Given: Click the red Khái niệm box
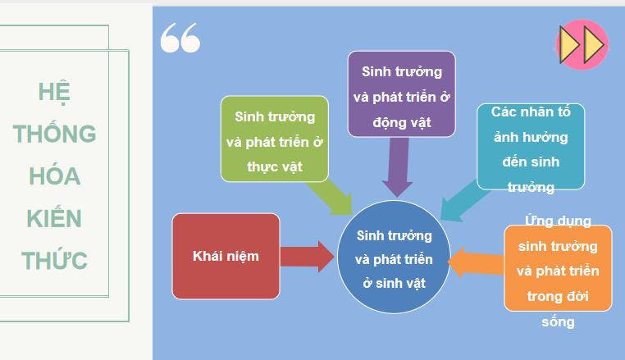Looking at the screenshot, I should pyautogui.click(x=226, y=256).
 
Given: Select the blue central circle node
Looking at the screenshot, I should pyautogui.click(x=394, y=256).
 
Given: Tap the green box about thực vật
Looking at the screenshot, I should pyautogui.click(x=274, y=139).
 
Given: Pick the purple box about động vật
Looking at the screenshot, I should pyautogui.click(x=401, y=93).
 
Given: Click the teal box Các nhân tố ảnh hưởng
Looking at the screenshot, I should pyautogui.click(x=531, y=146).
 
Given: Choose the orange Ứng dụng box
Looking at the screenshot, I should pyautogui.click(x=558, y=268).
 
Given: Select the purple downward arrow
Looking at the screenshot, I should pyautogui.click(x=398, y=167).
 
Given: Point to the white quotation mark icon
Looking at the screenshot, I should pyautogui.click(x=180, y=38).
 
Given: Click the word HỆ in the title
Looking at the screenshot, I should pyautogui.click(x=54, y=91).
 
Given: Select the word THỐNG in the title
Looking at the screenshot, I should pyautogui.click(x=54, y=134).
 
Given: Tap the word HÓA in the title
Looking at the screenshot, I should pyautogui.click(x=54, y=176).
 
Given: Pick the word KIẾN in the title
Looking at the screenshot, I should pyautogui.click(x=54, y=219).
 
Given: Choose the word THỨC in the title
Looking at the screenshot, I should pyautogui.click(x=54, y=262).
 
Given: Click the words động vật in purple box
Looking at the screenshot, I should pyautogui.click(x=401, y=121).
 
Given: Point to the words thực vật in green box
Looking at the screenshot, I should pyautogui.click(x=274, y=166).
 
